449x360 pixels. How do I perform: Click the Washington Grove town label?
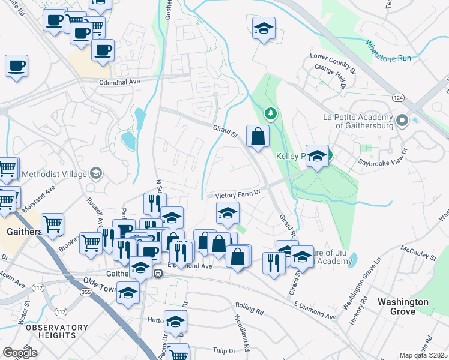403,307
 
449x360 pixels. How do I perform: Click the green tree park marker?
271,113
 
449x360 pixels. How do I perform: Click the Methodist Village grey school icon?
95,174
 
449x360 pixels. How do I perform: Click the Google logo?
20,353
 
